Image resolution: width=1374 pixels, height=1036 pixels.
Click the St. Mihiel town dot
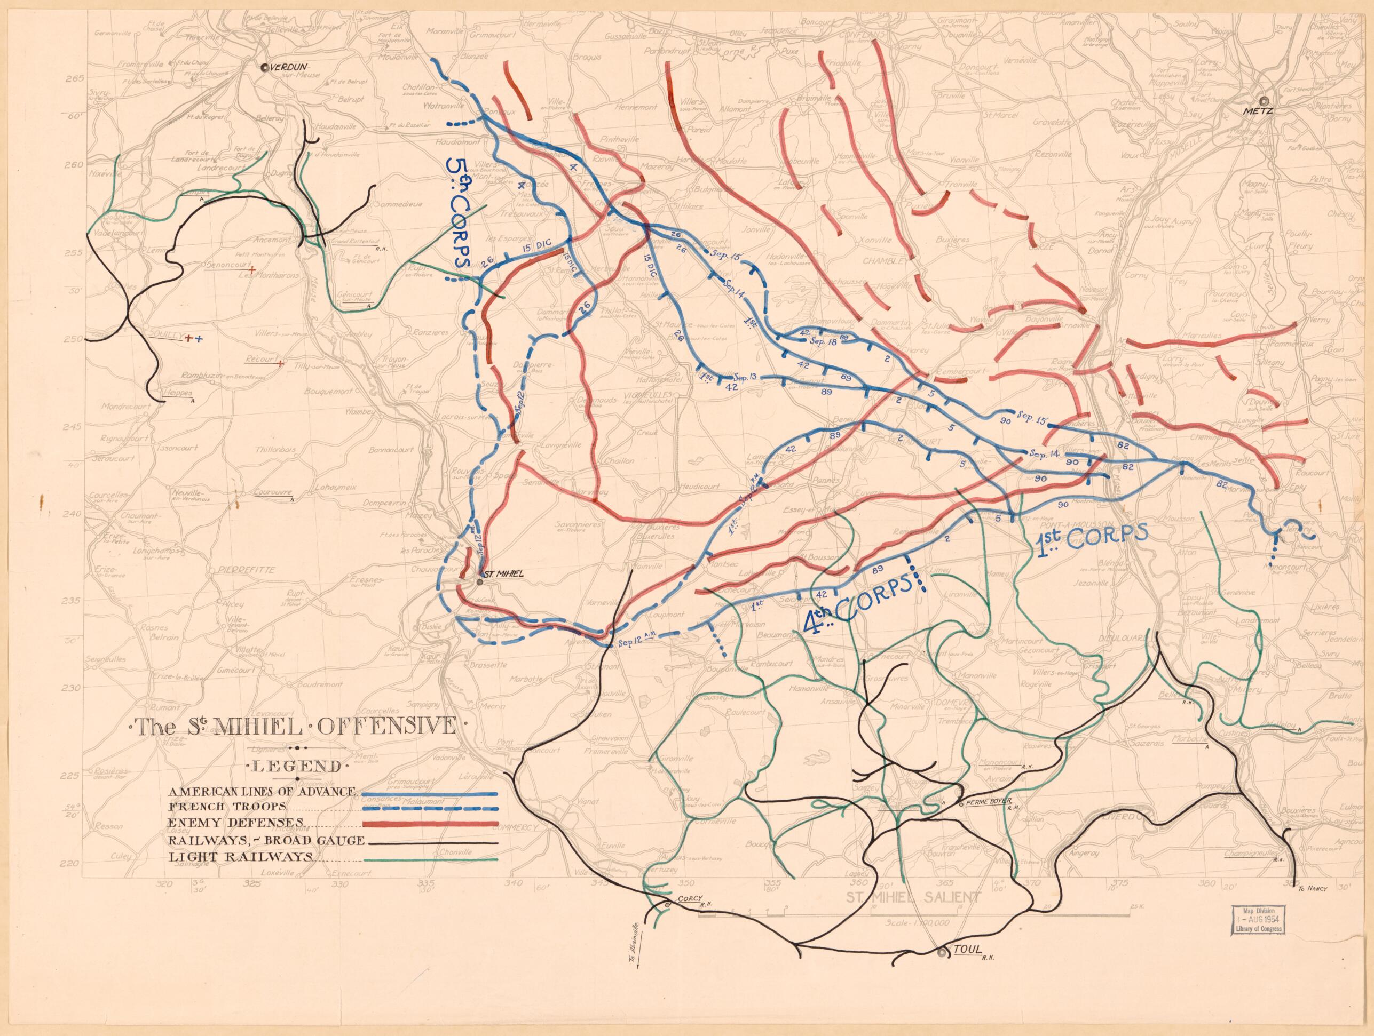480,582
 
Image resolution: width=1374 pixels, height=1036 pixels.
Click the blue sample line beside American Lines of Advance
429,794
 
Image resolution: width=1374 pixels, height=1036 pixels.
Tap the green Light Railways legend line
429,860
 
